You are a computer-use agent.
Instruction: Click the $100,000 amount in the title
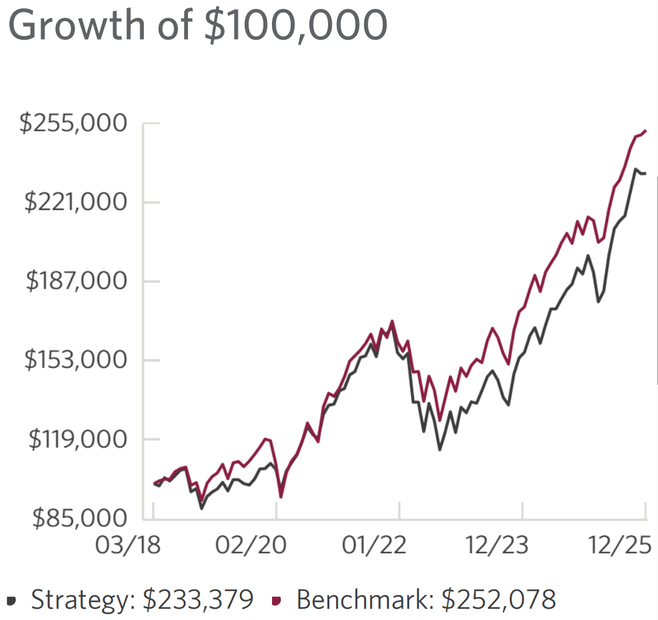pyautogui.click(x=299, y=25)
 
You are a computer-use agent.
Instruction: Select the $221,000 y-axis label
pyautogui.click(x=75, y=202)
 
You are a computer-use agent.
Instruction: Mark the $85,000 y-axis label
pyautogui.click(x=80, y=517)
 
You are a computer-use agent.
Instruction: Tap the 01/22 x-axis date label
pyautogui.click(x=375, y=545)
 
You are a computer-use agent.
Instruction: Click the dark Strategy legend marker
pyautogui.click(x=14, y=600)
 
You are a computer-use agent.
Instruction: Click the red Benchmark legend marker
pyautogui.click(x=278, y=600)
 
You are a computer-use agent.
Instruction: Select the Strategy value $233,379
pyautogui.click(x=197, y=599)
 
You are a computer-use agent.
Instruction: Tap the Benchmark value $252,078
pyautogui.click(x=498, y=599)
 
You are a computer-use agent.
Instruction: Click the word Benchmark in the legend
pyautogui.click(x=364, y=599)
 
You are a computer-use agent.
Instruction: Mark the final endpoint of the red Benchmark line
pyautogui.click(x=646, y=131)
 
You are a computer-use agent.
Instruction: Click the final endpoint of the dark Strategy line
pyautogui.click(x=646, y=173)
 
